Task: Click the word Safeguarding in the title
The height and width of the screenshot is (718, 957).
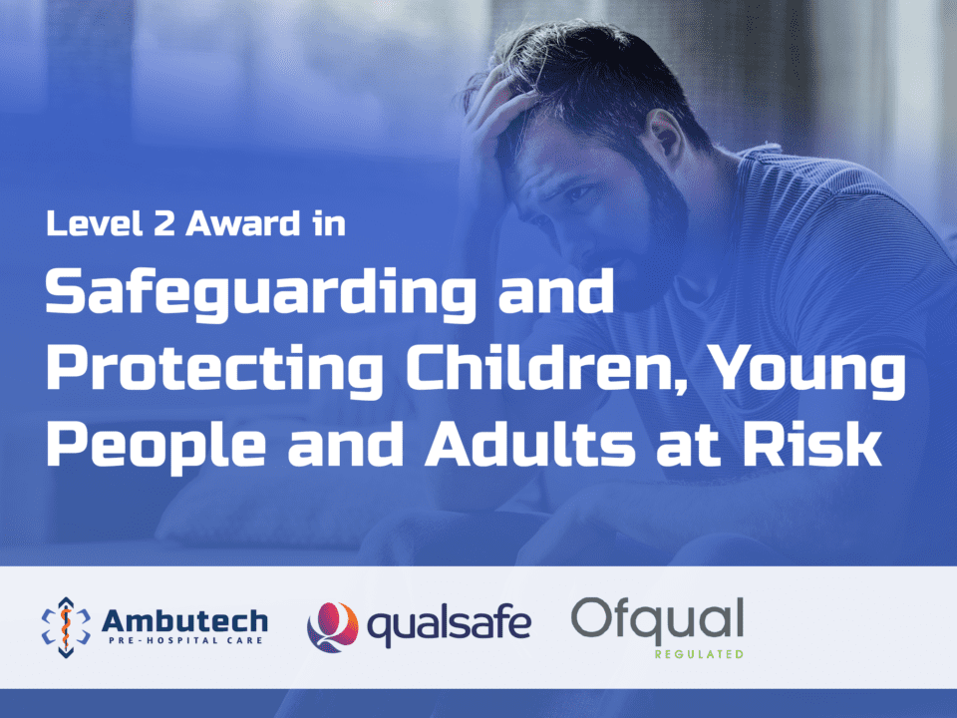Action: [x=260, y=295]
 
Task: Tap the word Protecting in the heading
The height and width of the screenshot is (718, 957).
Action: [x=215, y=370]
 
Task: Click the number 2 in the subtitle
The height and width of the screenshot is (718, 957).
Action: [x=164, y=223]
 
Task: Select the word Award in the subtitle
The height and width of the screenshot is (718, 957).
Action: [x=243, y=223]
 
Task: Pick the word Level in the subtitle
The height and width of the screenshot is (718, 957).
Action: [x=95, y=223]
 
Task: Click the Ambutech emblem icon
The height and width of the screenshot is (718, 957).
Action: [x=66, y=627]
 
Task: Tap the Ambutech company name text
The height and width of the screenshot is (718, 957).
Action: [x=184, y=621]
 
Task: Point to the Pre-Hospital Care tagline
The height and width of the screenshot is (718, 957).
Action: [x=185, y=640]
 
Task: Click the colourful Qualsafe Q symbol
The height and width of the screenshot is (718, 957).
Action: [x=332, y=627]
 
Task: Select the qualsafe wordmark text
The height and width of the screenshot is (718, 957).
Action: [x=449, y=625]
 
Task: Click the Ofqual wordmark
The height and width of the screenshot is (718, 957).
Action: [x=657, y=619]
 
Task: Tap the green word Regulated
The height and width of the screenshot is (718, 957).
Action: [x=699, y=654]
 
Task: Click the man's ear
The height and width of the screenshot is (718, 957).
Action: [x=666, y=140]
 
